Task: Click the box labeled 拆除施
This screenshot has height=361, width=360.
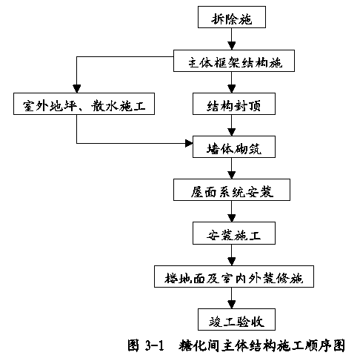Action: (x=232, y=17)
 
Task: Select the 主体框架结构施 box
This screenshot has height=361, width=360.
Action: (x=234, y=61)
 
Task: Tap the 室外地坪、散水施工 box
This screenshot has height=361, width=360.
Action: (x=84, y=104)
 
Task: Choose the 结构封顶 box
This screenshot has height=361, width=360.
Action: (x=234, y=104)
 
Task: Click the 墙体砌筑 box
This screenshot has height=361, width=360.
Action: (x=234, y=147)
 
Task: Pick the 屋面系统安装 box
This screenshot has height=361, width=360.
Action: (x=232, y=190)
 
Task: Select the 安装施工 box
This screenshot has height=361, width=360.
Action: (x=234, y=233)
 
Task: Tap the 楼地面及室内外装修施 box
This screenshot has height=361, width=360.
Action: (x=234, y=276)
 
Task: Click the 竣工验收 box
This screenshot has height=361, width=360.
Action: (x=236, y=319)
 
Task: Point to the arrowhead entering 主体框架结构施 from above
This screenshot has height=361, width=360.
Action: (x=232, y=46)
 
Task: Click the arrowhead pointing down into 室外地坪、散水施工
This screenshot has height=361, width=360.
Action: (x=77, y=89)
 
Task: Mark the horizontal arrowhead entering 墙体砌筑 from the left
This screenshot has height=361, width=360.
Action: (x=189, y=143)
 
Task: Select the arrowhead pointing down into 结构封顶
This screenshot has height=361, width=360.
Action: (x=232, y=89)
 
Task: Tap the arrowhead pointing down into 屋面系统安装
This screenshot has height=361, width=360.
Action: (x=232, y=175)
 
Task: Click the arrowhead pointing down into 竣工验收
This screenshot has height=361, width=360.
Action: (x=232, y=305)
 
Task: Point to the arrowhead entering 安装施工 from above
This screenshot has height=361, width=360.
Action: (x=232, y=218)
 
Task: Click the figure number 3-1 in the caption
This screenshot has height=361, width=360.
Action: (x=155, y=345)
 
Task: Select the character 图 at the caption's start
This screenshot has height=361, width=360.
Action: (x=133, y=345)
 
